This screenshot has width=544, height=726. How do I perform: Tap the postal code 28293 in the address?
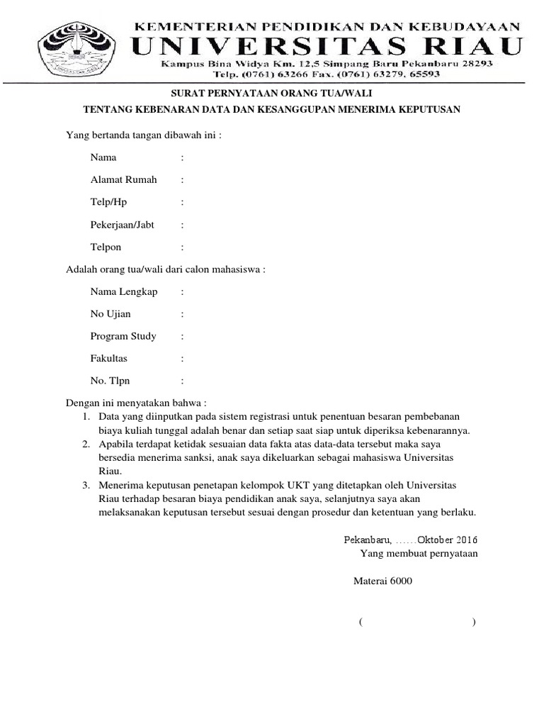click(475, 64)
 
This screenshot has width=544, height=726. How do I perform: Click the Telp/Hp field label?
click(108, 202)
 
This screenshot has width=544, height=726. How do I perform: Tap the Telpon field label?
click(106, 247)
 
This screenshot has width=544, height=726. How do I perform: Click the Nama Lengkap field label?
click(124, 291)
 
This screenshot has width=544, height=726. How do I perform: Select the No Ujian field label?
click(110, 313)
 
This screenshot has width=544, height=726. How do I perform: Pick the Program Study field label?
click(123, 336)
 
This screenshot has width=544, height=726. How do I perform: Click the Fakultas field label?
click(109, 359)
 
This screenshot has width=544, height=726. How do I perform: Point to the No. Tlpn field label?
click(110, 381)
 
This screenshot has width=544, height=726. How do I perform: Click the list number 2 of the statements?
click(85, 444)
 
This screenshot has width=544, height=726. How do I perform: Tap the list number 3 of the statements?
click(85, 485)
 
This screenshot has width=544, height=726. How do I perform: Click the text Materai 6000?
click(382, 581)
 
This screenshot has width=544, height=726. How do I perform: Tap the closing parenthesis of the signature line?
click(473, 622)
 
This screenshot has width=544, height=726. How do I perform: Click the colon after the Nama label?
click(182, 157)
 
